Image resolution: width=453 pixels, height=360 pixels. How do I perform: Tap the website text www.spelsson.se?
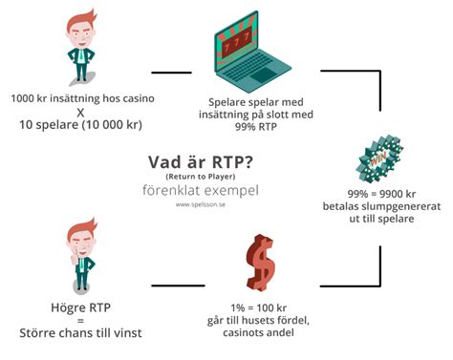[202, 203]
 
